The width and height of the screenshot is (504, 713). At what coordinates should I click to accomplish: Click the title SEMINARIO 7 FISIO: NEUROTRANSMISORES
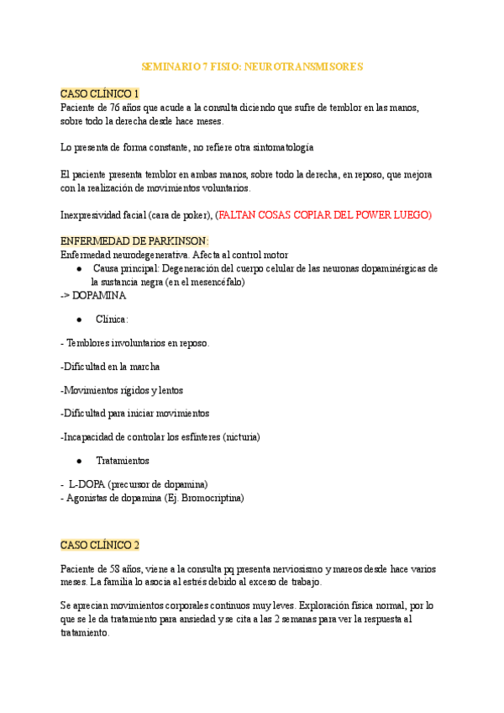(251, 66)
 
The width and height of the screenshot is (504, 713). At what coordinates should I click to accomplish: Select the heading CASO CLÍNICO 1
(100, 93)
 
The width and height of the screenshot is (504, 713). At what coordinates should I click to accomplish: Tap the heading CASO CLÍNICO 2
(100, 545)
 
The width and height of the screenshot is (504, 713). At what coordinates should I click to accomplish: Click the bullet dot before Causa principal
(78, 269)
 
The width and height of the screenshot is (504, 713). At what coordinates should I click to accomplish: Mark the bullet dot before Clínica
(78, 320)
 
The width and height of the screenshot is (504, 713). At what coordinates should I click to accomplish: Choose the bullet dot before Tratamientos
(78, 462)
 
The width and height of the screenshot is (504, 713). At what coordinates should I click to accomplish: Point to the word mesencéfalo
(212, 283)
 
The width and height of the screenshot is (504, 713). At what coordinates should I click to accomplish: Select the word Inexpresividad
(95, 215)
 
